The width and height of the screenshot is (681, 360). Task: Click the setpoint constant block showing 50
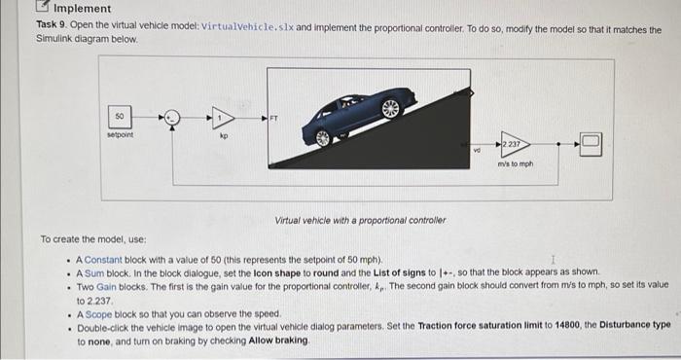[x=120, y=117]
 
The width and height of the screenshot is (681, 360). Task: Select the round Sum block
[x=172, y=118]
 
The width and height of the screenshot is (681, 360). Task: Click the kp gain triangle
[x=223, y=118]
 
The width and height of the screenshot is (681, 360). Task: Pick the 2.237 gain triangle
[x=516, y=144]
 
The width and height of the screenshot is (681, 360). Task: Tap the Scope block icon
[x=591, y=144]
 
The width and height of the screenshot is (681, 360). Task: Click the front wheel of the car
[x=390, y=108]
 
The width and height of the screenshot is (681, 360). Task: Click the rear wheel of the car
[x=323, y=138]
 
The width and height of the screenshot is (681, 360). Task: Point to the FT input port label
[x=273, y=118]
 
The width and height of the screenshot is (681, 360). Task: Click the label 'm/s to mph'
[x=516, y=163]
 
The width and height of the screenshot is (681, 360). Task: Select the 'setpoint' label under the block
[x=120, y=134]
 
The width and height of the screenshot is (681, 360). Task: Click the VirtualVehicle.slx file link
[x=247, y=27]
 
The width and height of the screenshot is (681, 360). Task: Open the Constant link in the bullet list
[x=103, y=260]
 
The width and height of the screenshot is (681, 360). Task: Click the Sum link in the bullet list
[x=94, y=273]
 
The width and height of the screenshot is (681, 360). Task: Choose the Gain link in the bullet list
[x=106, y=287]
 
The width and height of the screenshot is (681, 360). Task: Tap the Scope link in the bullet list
[x=98, y=314]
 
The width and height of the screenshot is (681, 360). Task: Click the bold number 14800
[x=567, y=325]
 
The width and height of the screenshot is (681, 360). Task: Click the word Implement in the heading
[x=82, y=8]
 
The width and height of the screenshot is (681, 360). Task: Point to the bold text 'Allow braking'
[x=278, y=341]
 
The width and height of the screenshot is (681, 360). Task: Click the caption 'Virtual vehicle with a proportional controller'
[x=360, y=220]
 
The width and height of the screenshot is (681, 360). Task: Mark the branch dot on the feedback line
[x=558, y=144]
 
